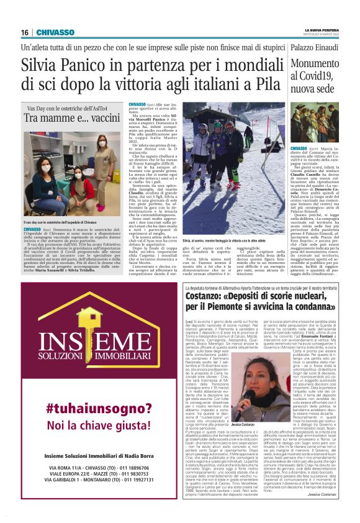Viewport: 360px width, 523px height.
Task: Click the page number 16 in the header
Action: click(x=25, y=32)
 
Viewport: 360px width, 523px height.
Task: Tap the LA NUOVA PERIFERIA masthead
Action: click(x=322, y=29)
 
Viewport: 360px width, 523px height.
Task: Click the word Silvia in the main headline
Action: click(x=42, y=66)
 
